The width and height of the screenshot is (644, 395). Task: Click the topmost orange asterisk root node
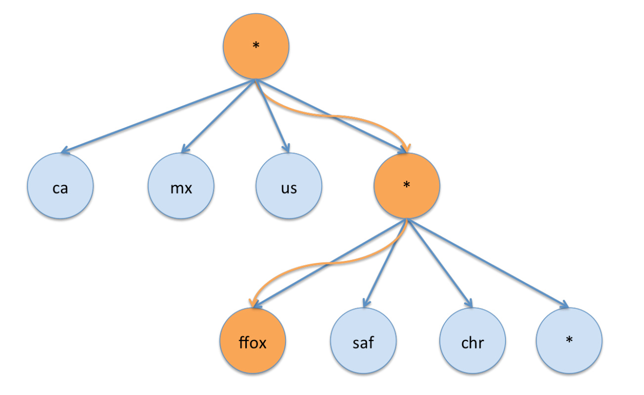256,47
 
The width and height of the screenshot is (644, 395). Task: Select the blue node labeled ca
60,188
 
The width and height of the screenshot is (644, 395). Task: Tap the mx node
181,188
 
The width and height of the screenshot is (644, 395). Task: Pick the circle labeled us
289,188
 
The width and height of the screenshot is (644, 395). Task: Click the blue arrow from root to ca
158,116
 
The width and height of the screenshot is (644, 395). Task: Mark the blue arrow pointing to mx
218,116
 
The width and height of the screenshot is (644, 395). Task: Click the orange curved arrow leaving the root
336,117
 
